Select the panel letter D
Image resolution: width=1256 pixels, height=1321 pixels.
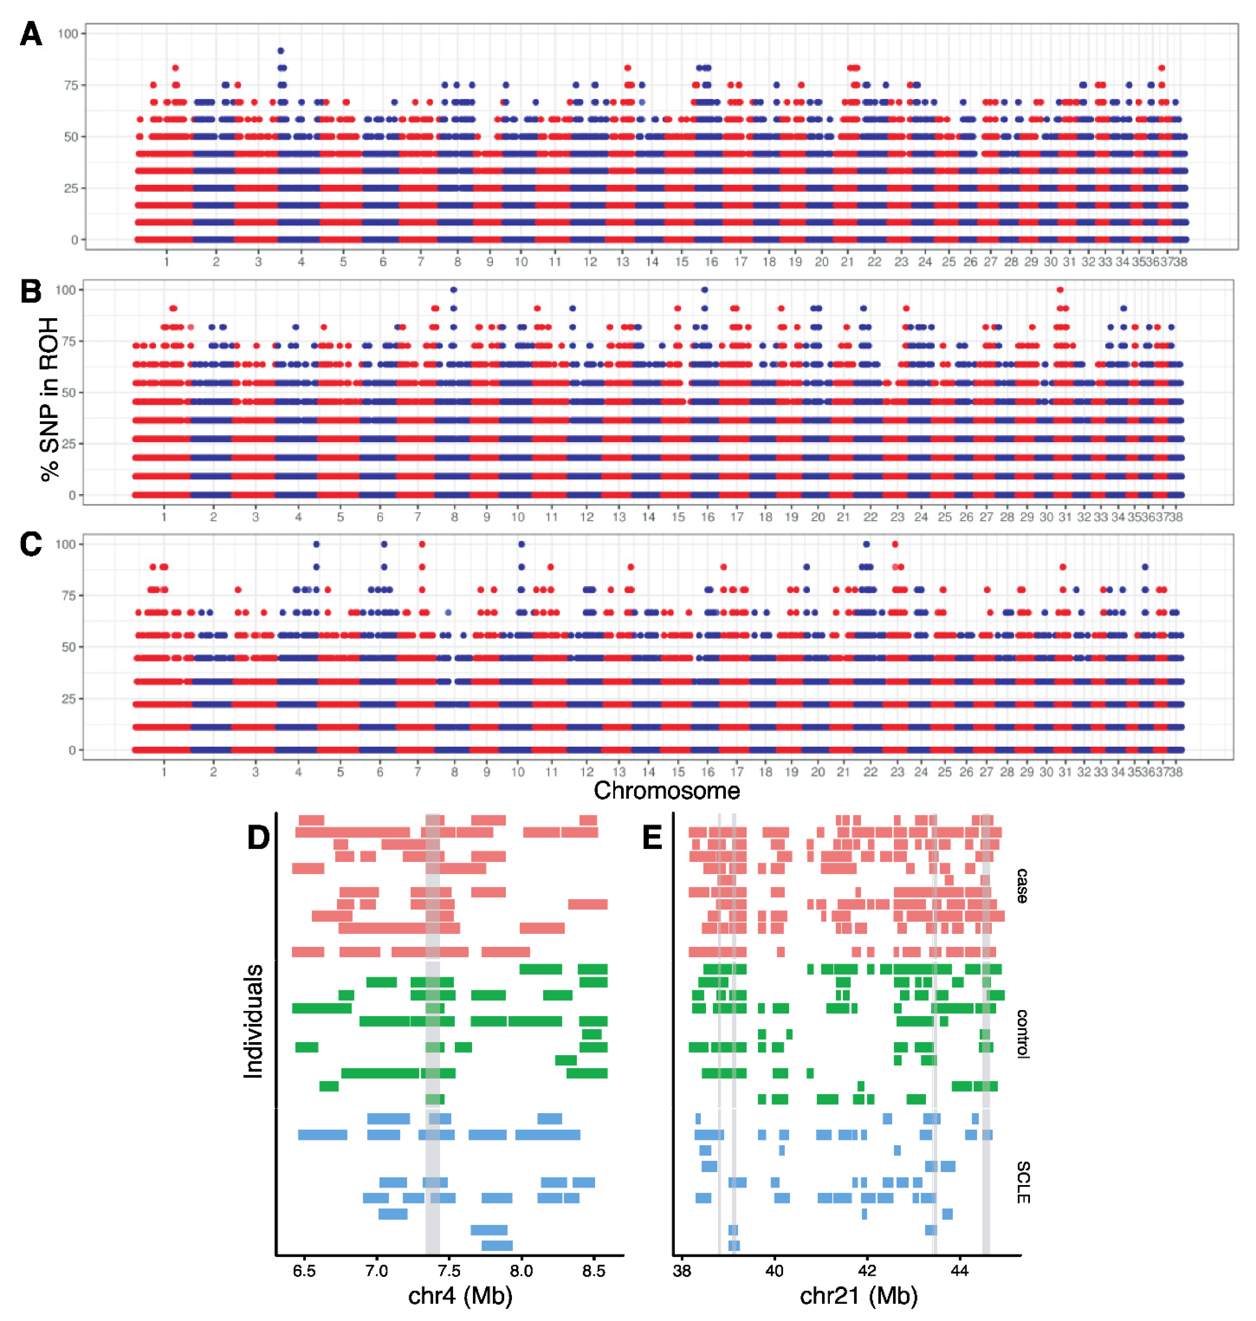[x=259, y=837]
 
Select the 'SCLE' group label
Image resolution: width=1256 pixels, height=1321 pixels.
[x=1022, y=1182]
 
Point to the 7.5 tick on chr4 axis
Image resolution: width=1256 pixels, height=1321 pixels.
[x=449, y=1270]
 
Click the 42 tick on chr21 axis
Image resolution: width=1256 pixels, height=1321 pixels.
[x=867, y=1270]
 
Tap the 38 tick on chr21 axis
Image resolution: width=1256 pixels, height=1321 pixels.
[x=682, y=1270]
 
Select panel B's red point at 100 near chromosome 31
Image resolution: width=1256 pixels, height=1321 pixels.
[x=1060, y=290]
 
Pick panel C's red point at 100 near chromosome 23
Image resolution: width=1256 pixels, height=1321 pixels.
[x=895, y=544]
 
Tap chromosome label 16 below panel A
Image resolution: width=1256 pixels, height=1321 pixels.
[x=711, y=262]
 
